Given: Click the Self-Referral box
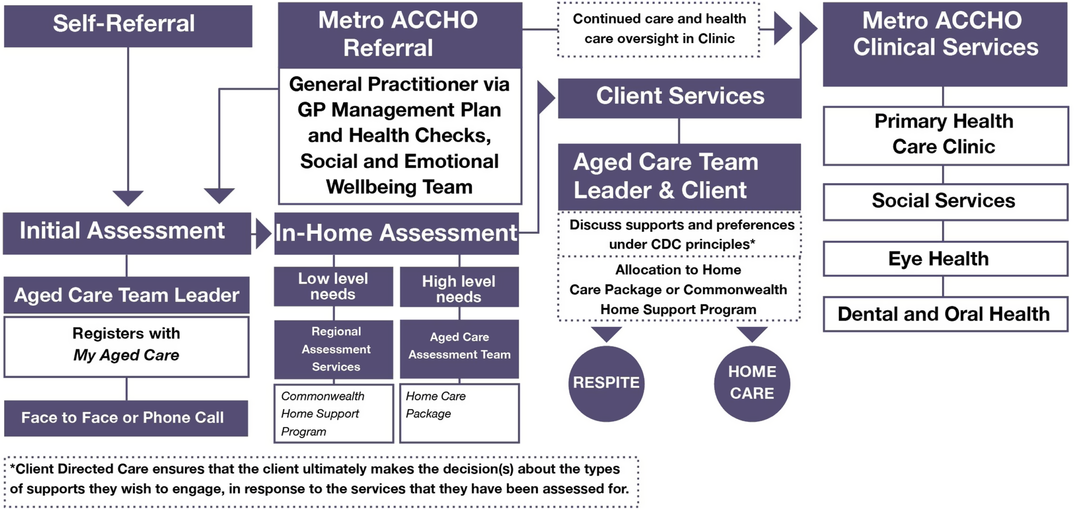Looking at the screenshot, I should [128, 26].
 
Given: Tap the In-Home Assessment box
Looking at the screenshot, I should [396, 234].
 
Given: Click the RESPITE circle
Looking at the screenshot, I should [606, 383].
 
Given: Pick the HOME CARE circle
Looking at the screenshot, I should [752, 383].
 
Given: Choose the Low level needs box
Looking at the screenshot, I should [333, 286].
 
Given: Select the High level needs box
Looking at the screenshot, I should [459, 288].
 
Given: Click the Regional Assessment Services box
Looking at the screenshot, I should [333, 349].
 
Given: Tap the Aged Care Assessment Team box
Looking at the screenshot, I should [459, 347].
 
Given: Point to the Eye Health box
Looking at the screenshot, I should [945, 259].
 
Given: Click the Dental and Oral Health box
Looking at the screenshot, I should [945, 314].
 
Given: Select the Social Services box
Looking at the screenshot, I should [945, 201].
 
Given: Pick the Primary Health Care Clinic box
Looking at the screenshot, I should [945, 135].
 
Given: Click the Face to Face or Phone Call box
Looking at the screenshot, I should [126, 418].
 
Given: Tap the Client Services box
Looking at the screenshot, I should [679, 97].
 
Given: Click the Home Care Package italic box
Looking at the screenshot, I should [459, 412].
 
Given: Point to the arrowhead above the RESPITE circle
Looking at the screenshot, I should [606, 333].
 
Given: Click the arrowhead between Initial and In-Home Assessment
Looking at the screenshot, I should [263, 234].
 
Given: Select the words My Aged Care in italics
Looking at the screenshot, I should [126, 355].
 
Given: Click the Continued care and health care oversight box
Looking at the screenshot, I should [659, 29].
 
